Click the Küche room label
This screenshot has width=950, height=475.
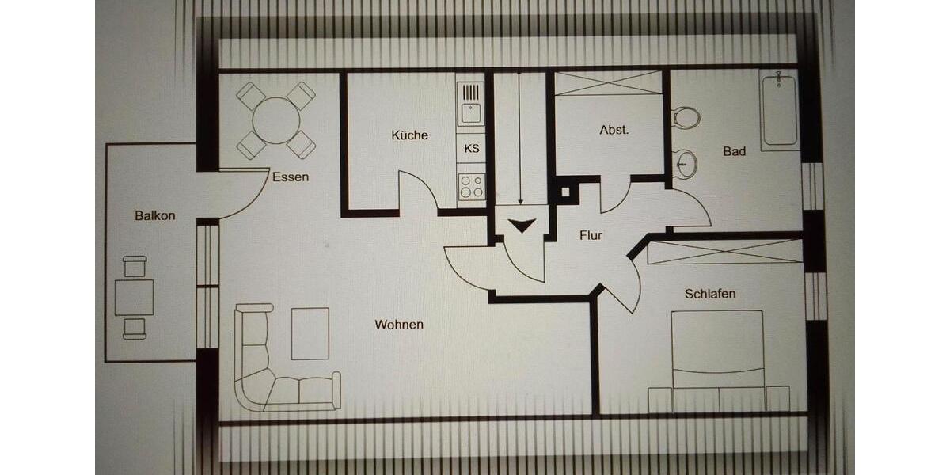[409, 135]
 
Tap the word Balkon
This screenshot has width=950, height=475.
[154, 215]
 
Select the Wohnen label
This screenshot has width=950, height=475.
[399, 325]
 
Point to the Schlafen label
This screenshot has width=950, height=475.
[710, 294]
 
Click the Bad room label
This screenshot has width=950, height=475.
[734, 151]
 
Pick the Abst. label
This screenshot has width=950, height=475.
[614, 130]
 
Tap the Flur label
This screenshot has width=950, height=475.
[591, 235]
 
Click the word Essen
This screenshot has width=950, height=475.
[291, 177]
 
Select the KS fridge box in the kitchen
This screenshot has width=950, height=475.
[472, 148]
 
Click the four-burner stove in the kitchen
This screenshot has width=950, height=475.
[472, 187]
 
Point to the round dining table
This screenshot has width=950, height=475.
[277, 121]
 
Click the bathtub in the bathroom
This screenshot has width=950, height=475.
[779, 111]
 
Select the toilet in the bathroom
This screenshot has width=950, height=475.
[686, 118]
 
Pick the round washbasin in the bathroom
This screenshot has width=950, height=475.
[686, 164]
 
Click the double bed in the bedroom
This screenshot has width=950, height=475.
[718, 356]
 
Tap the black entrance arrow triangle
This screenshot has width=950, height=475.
[522, 226]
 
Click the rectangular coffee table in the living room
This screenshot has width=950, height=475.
[310, 334]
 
